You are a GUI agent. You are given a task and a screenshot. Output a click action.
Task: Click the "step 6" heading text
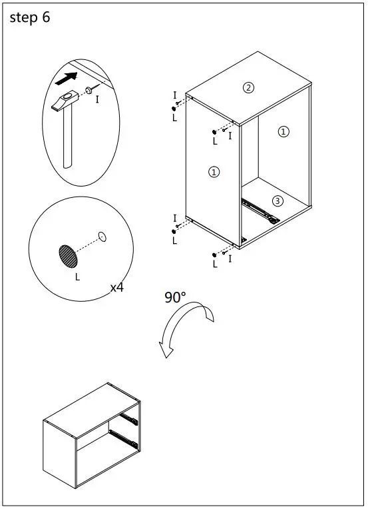(x=30, y=17)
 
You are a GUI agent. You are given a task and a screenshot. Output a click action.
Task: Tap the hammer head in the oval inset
(x=65, y=101)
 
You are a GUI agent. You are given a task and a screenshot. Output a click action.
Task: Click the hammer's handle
(x=67, y=138)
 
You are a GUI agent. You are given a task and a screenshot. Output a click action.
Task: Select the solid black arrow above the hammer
(x=67, y=79)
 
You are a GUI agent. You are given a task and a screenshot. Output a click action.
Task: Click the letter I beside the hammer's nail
(x=97, y=99)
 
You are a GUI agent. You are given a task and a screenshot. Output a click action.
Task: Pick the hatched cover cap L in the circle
(x=69, y=256)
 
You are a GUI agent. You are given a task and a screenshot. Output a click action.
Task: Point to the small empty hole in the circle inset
(x=102, y=237)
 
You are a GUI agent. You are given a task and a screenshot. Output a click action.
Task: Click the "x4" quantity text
(x=116, y=287)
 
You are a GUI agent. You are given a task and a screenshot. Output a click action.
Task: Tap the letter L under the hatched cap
(x=77, y=277)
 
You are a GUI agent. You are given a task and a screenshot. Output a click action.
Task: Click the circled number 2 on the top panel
(x=249, y=88)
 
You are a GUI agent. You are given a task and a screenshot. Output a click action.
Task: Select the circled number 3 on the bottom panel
(x=277, y=201)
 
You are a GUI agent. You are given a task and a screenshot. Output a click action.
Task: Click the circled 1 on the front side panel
(x=214, y=172)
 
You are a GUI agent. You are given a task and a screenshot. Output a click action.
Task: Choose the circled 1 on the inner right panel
(x=283, y=131)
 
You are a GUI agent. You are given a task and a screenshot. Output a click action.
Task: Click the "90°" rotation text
(x=175, y=297)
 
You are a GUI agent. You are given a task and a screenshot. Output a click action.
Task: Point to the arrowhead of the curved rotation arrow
(x=166, y=350)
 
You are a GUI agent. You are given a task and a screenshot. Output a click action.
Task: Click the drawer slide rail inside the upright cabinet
(x=260, y=211)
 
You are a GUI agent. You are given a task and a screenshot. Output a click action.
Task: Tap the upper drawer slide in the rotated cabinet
(x=129, y=420)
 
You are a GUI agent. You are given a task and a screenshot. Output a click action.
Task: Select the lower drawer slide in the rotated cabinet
(x=124, y=439)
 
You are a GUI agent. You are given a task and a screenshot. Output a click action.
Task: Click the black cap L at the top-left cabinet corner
(x=174, y=109)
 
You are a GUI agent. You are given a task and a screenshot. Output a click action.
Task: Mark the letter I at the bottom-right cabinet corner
(x=230, y=258)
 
